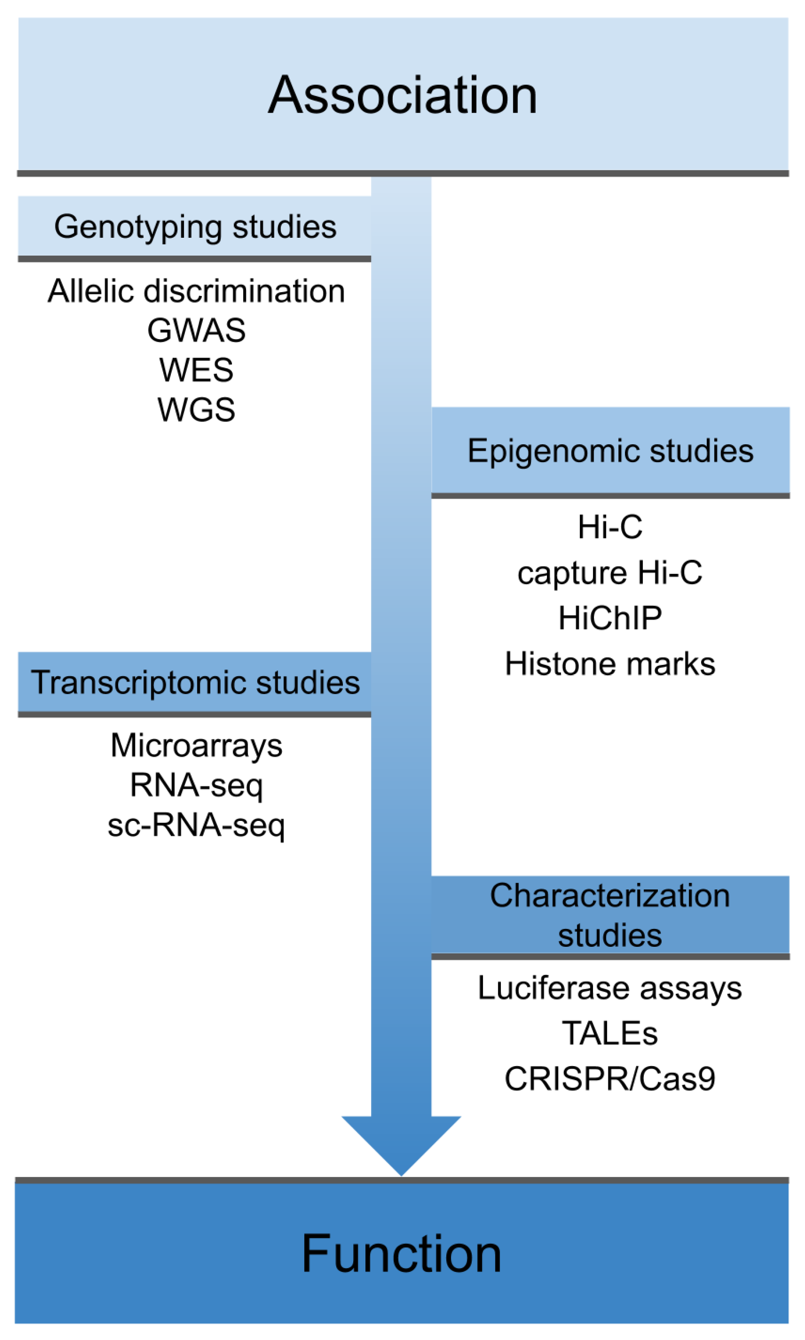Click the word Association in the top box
tap(402, 96)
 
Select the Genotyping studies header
tap(195, 227)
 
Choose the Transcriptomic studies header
tap(195, 682)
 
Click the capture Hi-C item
tap(610, 573)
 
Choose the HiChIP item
tap(610, 618)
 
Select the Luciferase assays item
tap(610, 988)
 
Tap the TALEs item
tap(610, 1033)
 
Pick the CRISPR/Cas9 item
tap(610, 1079)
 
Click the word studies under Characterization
tap(610, 935)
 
